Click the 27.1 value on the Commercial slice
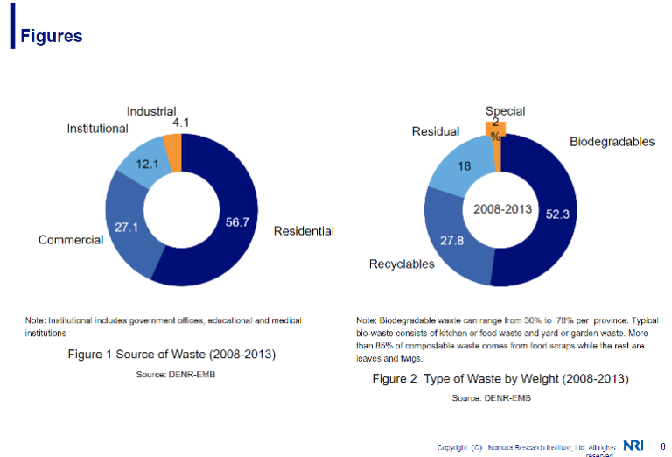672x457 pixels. tap(128, 227)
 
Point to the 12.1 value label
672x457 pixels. tap(147, 164)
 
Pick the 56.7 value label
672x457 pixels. tap(237, 222)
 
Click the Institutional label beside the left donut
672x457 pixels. tap(97, 129)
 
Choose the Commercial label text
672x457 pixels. tap(71, 240)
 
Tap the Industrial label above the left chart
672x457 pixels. tap(150, 111)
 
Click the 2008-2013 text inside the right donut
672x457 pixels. tap(503, 210)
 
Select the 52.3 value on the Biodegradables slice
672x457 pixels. tap(558, 215)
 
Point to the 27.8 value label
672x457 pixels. tap(452, 241)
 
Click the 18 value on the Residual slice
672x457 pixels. tap(465, 166)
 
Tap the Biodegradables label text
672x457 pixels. tap(612, 142)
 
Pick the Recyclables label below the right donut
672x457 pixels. tap(402, 264)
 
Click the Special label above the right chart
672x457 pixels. tap(505, 111)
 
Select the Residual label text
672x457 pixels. tap(435, 131)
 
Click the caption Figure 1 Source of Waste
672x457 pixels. tap(171, 355)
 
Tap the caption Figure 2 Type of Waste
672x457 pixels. tap(500, 379)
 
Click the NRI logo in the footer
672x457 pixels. tap(633, 446)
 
